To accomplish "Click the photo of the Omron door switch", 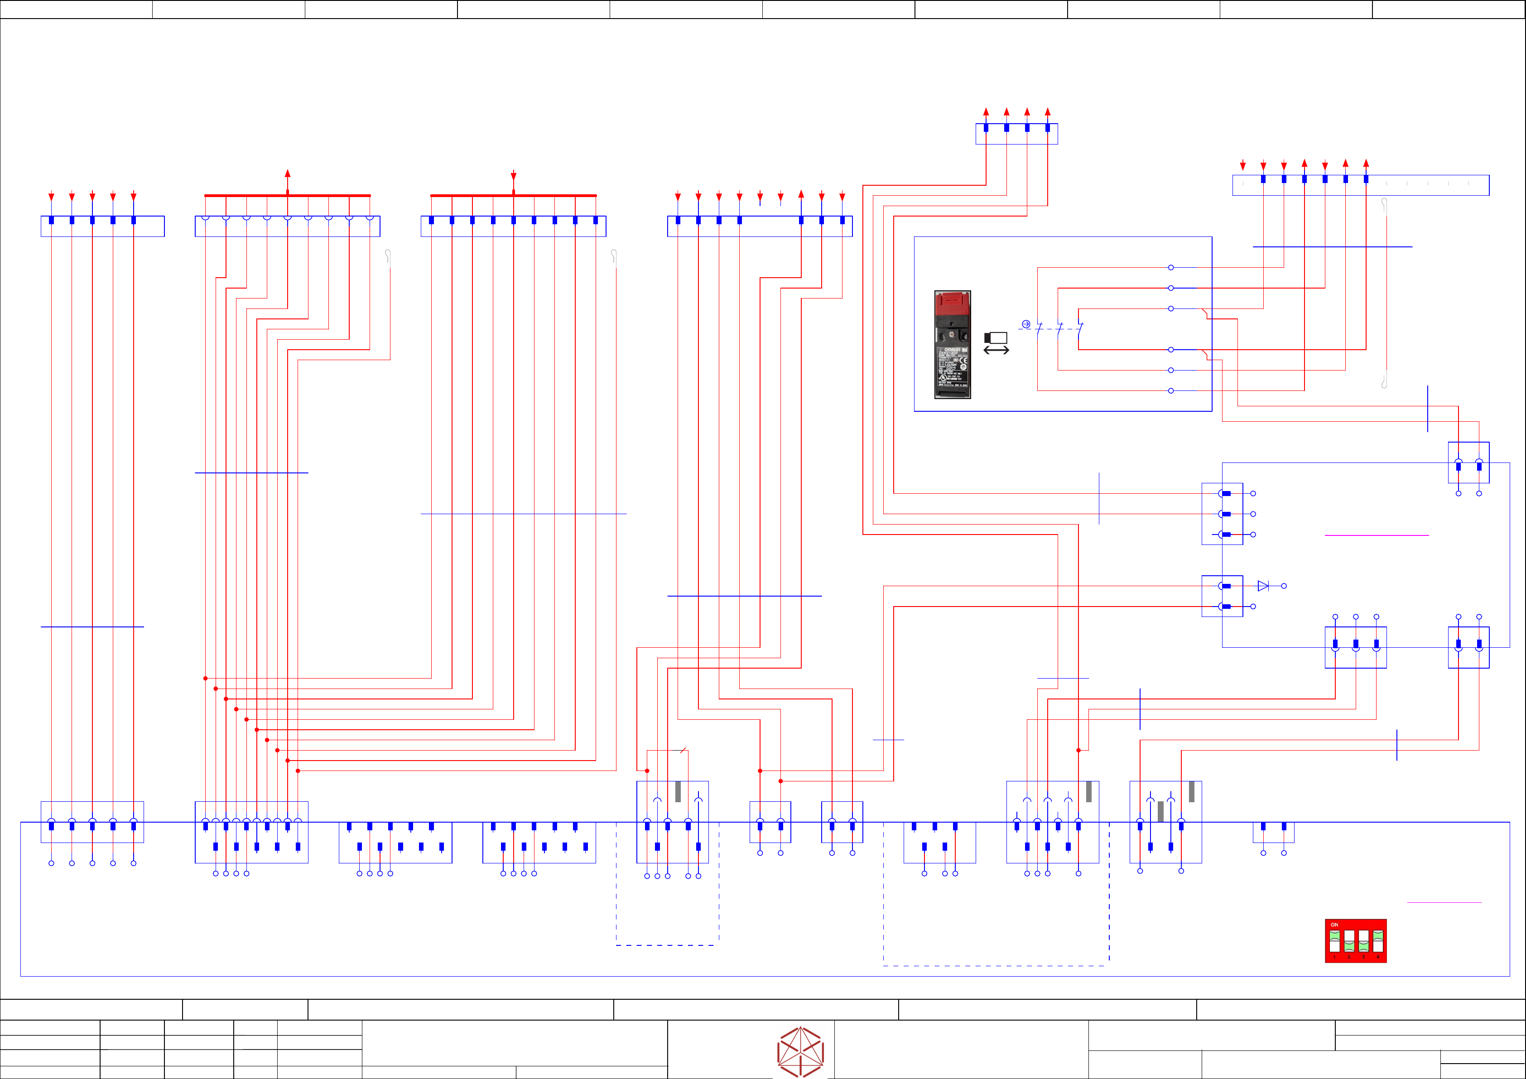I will point(953,344).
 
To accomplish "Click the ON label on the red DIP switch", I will point(1334,925).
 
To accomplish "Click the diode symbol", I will point(1263,586).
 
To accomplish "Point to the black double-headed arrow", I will point(996,350).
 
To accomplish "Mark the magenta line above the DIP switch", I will point(1444,902).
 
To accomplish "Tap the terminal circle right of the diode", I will point(1284,586).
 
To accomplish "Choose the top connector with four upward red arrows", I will point(1016,133).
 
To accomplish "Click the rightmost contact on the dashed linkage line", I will point(1080,328).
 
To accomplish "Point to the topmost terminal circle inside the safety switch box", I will point(1170,267).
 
